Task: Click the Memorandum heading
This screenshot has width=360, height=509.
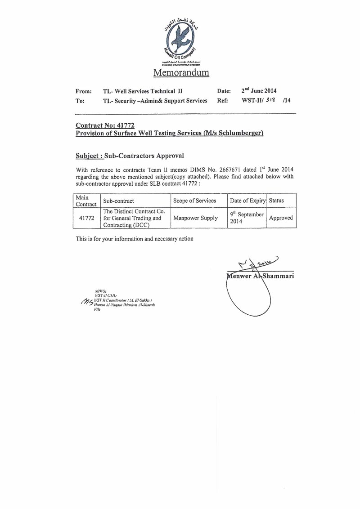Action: click(x=181, y=72)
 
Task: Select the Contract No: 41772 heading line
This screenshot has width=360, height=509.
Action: click(x=105, y=126)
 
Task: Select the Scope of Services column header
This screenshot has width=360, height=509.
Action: click(x=194, y=201)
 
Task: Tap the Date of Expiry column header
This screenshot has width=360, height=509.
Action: click(x=247, y=201)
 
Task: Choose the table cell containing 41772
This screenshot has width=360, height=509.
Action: click(x=86, y=218)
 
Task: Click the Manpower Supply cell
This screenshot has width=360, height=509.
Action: click(x=195, y=218)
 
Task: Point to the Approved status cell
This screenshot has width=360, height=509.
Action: click(x=281, y=218)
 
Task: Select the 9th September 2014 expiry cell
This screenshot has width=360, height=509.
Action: click(x=246, y=218)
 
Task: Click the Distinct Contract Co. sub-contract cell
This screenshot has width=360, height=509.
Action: click(x=135, y=218)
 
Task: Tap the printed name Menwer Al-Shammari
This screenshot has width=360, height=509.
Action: click(x=261, y=276)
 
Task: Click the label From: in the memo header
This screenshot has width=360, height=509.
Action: click(x=84, y=91)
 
